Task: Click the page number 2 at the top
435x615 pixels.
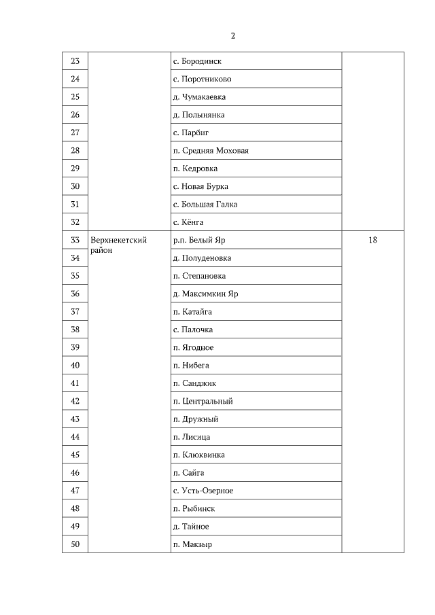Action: pos(233,36)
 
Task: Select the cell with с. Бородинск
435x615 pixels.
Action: pos(202,61)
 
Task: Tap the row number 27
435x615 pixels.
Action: pos(75,133)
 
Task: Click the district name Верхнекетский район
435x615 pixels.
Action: pos(119,245)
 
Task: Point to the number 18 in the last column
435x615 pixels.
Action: pos(372,240)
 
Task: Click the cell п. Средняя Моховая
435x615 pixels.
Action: pos(211,150)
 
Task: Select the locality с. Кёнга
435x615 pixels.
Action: pos(188,222)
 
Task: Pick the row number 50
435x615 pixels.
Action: pos(75,544)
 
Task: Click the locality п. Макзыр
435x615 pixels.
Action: pos(192,544)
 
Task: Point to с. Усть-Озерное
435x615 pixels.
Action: pos(203,491)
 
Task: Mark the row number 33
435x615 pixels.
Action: pos(75,240)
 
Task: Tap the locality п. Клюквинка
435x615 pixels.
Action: pos(199,455)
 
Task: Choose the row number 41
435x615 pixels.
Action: pos(75,383)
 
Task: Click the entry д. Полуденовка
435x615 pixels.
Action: pos(202,258)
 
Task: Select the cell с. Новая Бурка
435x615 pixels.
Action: pos(201,186)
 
